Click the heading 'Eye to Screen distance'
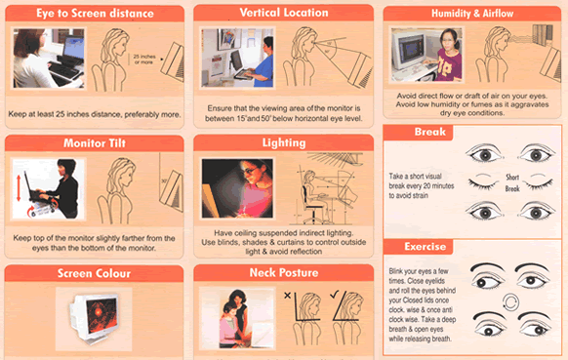click(95, 14)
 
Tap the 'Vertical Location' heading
click(284, 13)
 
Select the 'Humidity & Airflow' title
click(472, 14)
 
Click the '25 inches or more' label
click(144, 60)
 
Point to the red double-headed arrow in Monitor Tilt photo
click(19, 188)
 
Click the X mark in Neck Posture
click(287, 296)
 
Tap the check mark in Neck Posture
click(334, 295)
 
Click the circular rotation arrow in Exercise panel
click(510, 301)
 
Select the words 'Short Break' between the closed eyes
click(512, 182)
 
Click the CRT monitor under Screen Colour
click(94, 318)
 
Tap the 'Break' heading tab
click(430, 132)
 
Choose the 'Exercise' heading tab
click(425, 247)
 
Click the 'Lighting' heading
click(284, 143)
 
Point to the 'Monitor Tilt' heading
click(95, 143)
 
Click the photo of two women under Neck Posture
click(237, 318)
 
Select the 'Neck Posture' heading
click(284, 273)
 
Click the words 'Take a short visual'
click(415, 177)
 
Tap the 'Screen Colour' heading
click(95, 273)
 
